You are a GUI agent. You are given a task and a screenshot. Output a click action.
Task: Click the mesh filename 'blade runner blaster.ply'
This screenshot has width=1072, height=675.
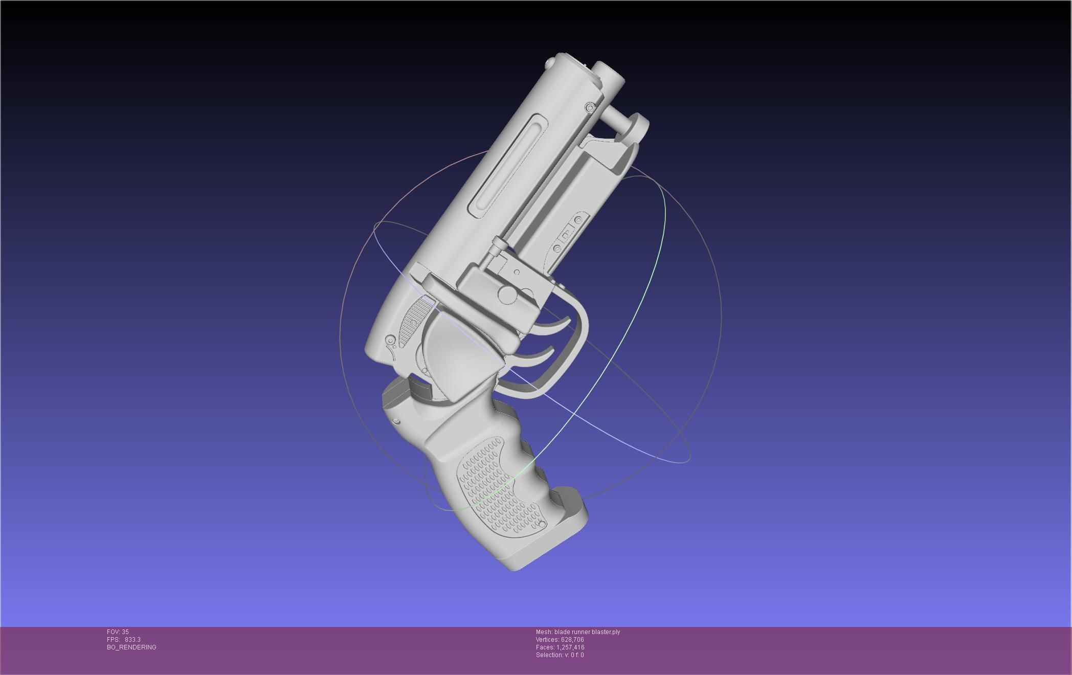587,632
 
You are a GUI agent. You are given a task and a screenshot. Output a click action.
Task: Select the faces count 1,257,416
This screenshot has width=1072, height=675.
570,647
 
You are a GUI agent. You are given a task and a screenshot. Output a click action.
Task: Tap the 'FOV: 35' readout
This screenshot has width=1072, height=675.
118,632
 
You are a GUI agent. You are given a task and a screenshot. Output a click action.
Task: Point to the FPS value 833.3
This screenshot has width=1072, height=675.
132,640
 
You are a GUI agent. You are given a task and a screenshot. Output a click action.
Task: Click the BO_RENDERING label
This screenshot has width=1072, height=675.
131,647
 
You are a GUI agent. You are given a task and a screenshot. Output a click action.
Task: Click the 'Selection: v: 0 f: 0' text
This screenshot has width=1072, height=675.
560,655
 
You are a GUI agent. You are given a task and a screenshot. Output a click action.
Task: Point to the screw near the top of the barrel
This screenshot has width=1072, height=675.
590,108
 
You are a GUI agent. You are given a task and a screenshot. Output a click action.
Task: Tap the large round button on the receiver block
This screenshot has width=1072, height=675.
507,294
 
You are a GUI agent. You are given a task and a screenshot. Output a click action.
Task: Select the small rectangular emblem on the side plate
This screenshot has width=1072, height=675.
566,236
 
